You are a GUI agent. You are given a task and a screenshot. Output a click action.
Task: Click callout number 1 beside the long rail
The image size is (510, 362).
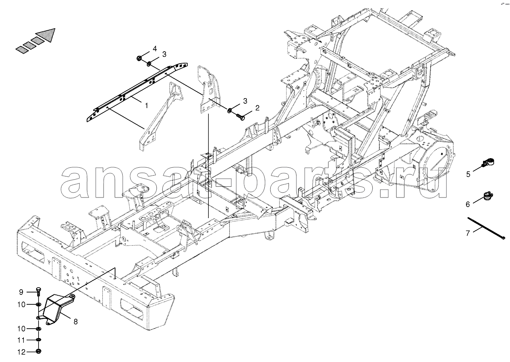146,105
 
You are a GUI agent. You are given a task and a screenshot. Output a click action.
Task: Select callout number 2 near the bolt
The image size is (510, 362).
257,108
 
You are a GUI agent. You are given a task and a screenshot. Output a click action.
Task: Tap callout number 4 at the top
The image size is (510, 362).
155,48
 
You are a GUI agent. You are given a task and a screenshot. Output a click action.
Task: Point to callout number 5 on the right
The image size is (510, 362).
468,174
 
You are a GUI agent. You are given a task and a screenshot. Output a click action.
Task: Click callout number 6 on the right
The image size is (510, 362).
468,204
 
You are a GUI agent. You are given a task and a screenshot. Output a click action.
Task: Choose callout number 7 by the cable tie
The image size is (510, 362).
468,233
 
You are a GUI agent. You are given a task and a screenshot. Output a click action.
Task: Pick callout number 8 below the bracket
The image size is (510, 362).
75,321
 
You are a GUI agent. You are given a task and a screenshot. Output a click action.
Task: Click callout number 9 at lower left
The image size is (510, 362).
21,292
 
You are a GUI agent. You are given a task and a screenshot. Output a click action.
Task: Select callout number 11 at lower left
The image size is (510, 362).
21,341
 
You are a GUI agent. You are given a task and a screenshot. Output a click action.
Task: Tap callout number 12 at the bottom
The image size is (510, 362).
21,352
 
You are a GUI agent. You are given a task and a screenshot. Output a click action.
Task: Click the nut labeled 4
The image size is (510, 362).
139,58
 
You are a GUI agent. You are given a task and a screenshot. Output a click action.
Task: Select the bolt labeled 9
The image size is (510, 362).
38,292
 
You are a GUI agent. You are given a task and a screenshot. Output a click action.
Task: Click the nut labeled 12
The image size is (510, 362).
39,351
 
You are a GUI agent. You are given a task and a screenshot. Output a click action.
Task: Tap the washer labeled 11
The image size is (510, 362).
39,340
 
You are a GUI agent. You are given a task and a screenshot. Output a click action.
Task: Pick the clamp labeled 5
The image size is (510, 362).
488,163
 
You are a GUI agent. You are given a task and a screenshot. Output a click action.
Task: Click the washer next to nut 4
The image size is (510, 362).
149,64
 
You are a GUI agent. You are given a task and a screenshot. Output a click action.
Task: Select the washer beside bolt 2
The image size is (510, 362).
229,111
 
